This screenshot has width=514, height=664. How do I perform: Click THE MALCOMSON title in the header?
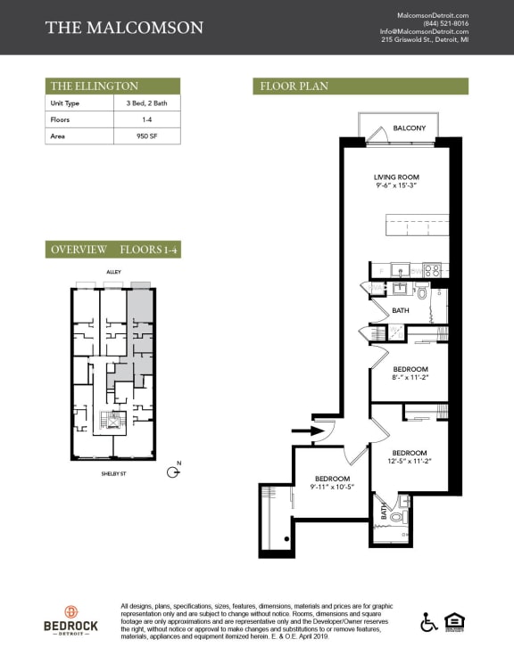[124, 28]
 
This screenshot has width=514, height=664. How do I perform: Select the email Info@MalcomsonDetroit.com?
[424, 32]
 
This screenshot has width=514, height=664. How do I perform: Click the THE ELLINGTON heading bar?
[112, 86]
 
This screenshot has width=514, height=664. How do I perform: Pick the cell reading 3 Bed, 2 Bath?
[145, 103]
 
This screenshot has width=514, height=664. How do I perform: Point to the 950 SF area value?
[145, 136]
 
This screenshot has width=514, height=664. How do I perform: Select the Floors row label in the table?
[61, 119]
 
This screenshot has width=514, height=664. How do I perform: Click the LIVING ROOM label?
[396, 177]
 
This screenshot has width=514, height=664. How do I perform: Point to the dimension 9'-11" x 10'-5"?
[332, 487]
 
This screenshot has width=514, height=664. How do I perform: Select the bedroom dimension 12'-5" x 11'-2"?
[410, 461]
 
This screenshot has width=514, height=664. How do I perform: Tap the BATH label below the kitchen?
[401, 310]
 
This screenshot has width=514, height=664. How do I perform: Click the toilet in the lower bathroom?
[397, 516]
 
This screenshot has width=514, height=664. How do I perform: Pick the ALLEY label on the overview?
[112, 272]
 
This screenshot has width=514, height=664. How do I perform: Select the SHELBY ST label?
[112, 474]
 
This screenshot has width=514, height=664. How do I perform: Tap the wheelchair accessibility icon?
[427, 621]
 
